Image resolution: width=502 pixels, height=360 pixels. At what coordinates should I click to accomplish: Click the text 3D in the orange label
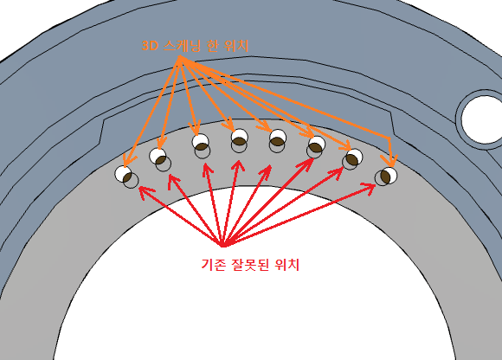[151, 46]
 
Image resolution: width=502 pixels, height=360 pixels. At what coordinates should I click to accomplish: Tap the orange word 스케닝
[182, 46]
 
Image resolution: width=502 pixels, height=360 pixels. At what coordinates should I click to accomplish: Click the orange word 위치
[236, 46]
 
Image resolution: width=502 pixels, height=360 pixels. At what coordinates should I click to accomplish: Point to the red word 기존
[213, 264]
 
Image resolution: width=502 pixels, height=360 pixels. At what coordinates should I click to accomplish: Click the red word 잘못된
[249, 264]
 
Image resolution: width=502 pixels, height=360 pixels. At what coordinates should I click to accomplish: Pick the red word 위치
[286, 264]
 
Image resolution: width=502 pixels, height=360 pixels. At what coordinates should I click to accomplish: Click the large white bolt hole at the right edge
[482, 119]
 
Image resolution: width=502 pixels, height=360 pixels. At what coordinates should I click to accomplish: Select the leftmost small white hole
[123, 174]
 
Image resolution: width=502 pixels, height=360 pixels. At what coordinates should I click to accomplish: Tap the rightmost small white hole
[389, 176]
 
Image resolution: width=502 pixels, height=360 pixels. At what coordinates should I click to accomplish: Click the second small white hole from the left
[158, 156]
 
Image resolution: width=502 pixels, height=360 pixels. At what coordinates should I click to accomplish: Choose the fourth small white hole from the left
[240, 137]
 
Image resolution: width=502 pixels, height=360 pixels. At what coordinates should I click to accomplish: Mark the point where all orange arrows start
[180, 58]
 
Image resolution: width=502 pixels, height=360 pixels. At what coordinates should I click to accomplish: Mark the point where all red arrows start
[222, 245]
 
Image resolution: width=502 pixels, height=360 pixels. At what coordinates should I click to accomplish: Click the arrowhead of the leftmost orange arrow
[127, 162]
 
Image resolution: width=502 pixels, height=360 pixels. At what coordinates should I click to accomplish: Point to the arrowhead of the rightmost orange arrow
[390, 162]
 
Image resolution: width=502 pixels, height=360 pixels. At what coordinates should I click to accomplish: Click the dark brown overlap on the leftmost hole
[127, 177]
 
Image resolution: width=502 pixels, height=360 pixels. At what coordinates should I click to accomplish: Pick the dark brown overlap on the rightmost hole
[385, 177]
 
